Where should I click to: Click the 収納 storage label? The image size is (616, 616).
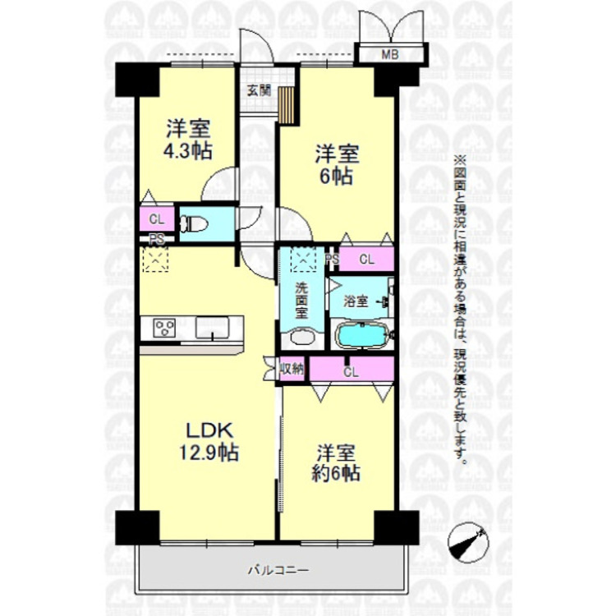292,369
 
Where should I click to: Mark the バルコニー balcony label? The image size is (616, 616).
274,568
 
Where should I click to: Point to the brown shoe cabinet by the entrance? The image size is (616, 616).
287,103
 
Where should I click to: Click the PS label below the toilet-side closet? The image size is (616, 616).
155,239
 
